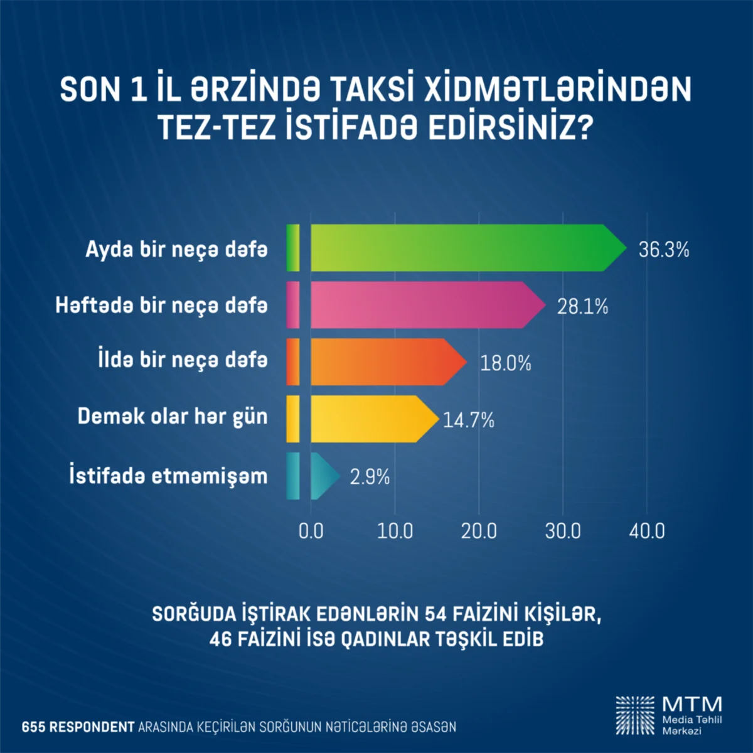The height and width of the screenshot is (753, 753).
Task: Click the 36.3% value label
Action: (664, 250)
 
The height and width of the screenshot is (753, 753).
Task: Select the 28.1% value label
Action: (582, 306)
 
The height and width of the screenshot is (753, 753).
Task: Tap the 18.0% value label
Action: (505, 363)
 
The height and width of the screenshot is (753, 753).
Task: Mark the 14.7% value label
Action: (469, 420)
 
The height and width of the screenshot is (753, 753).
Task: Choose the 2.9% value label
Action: (370, 478)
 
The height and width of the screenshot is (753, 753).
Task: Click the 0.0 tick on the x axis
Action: (311, 531)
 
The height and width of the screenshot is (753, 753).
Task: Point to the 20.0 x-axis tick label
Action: (479, 531)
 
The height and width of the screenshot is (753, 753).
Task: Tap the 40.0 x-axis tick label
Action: (647, 531)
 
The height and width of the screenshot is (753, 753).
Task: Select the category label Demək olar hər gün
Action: (173, 417)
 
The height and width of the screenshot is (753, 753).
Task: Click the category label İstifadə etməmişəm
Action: (168, 475)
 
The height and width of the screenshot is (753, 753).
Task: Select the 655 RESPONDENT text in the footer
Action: (78, 727)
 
